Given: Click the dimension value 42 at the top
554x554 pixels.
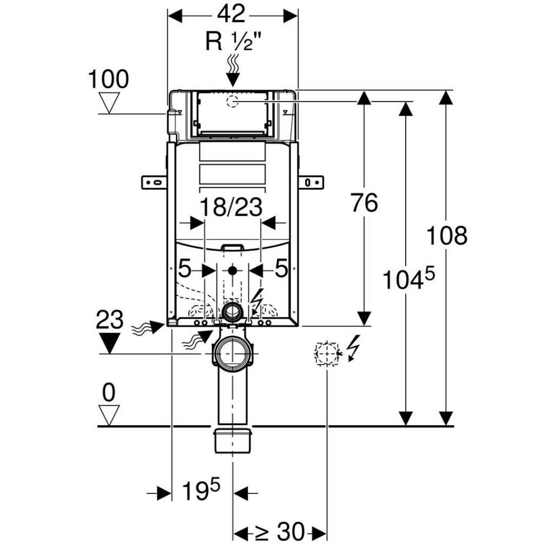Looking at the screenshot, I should [x=233, y=15].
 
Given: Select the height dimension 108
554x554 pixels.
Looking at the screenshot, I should [x=446, y=236].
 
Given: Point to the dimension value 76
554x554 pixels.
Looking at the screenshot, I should [x=364, y=203].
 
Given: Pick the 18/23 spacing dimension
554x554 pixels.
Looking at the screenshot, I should [x=232, y=207].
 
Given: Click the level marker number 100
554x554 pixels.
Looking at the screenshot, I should [x=109, y=80].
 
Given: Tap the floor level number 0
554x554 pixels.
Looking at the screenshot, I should [x=109, y=393].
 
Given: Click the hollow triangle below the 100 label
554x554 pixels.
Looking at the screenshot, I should [x=110, y=102].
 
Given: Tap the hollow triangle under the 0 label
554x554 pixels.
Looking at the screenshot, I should [x=109, y=415].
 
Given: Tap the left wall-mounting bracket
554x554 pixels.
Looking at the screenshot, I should [x=155, y=182].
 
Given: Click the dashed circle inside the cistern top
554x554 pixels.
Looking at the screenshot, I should [x=233, y=101].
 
